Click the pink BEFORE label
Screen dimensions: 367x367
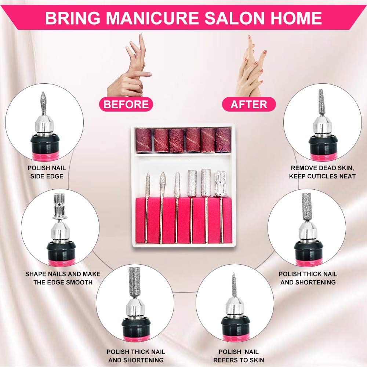coord(126,104)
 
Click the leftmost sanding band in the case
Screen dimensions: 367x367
coord(144,140)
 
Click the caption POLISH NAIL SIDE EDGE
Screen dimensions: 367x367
coord(47,172)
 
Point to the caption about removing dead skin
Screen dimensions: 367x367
coord(322,172)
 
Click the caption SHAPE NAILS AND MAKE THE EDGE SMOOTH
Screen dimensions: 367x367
coord(63,278)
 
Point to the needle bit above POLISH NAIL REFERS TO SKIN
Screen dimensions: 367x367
coord(234,284)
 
